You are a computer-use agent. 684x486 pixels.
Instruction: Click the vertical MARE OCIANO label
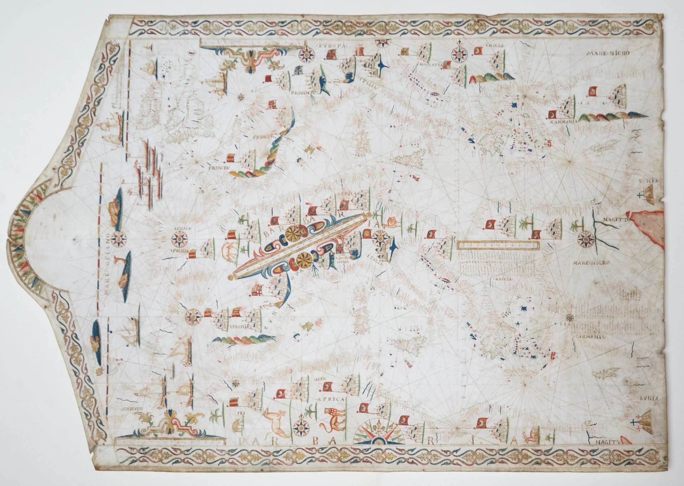pos(106,264)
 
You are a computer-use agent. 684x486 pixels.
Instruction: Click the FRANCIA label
pos(218,167)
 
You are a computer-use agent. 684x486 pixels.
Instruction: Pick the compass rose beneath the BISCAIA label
pos(180,239)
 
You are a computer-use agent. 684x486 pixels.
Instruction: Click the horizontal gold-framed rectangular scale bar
pos(498,245)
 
